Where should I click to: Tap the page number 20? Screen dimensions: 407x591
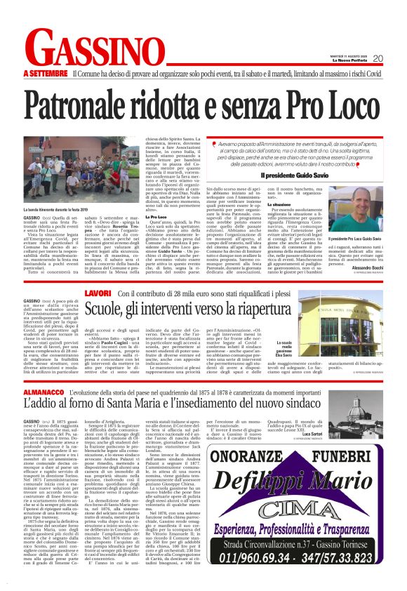coord(378,59)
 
